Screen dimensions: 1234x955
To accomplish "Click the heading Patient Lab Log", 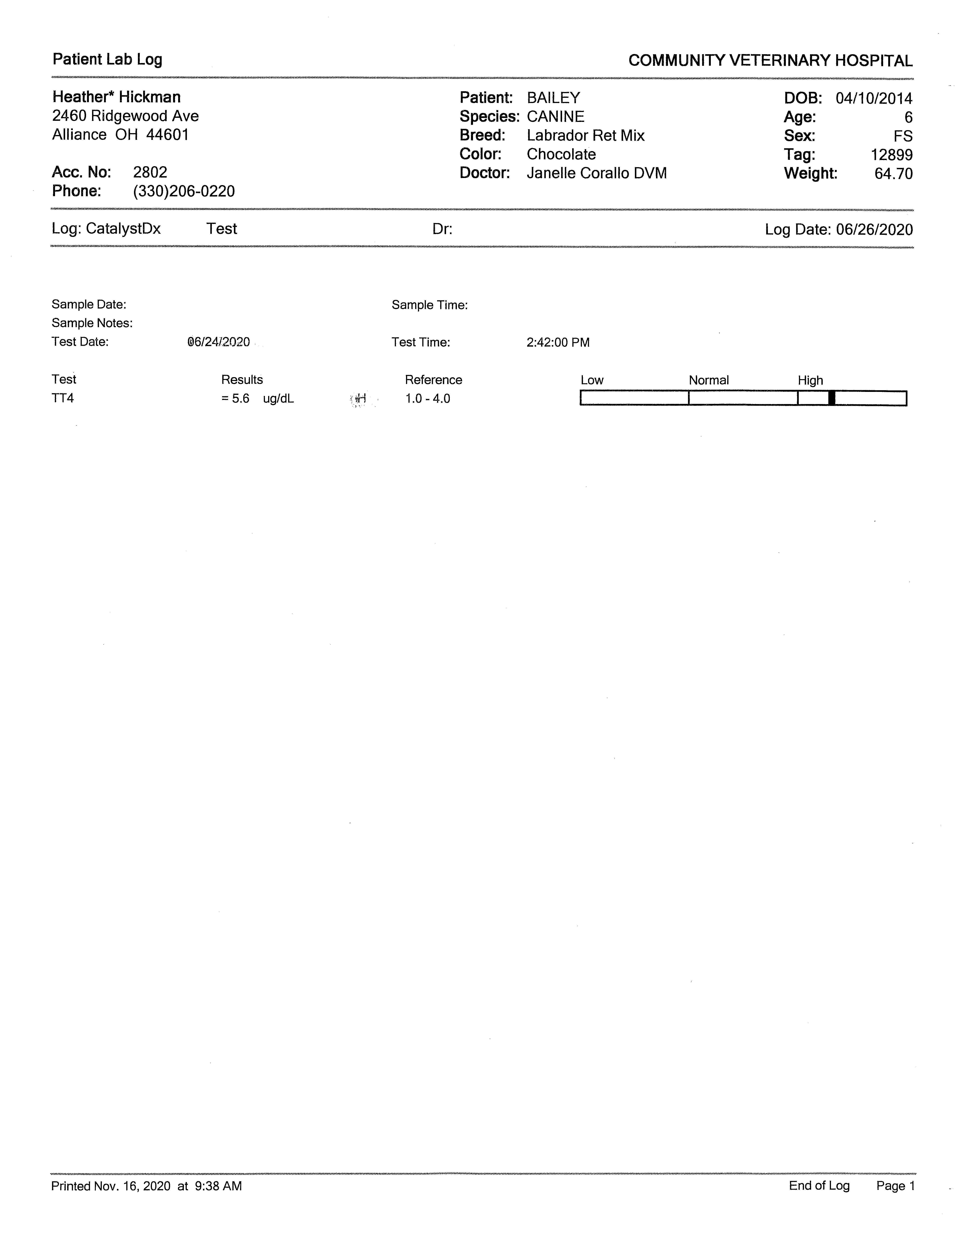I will click(x=107, y=59).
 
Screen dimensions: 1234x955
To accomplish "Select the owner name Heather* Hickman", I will click(x=117, y=97).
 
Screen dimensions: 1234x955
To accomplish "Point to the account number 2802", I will click(x=150, y=172).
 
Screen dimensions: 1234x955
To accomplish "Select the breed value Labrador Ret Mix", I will click(x=585, y=136).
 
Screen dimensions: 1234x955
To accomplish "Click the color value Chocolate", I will click(x=561, y=154).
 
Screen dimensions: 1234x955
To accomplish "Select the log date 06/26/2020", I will click(x=874, y=229).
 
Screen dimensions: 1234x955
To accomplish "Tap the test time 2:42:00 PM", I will click(x=558, y=342).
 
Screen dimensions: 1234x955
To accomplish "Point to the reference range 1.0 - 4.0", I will click(x=428, y=399).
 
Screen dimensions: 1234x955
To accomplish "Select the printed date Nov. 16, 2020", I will click(x=132, y=1186).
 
